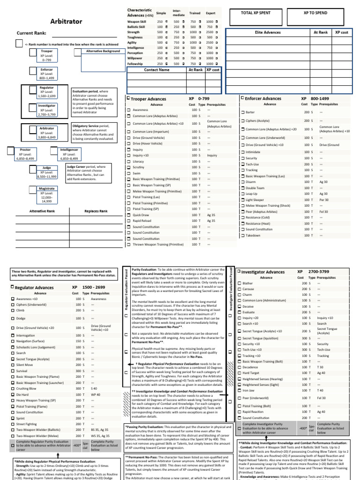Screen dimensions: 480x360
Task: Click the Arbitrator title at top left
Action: [49, 22]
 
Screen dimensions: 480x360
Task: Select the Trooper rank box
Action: [47, 55]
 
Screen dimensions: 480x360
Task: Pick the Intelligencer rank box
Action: [69, 154]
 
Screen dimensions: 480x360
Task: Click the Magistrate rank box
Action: [47, 193]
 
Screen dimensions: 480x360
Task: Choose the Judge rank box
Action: [47, 172]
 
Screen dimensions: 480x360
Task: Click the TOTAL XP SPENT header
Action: [256, 13]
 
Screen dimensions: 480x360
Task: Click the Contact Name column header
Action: [157, 70]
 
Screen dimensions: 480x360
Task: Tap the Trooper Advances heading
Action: [149, 99]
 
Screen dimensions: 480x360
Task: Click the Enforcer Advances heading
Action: [263, 98]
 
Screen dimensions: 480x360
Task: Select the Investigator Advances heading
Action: [262, 272]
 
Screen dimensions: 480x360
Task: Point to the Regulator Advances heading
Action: [36, 287]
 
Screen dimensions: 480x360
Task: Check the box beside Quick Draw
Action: [129, 215]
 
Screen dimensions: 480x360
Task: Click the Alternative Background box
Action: [103, 51]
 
